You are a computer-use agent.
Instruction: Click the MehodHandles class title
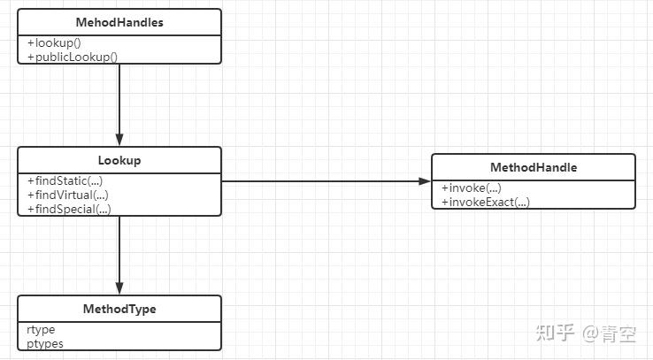(119, 22)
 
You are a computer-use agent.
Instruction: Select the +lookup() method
(54, 42)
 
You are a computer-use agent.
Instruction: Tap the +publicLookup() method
(73, 57)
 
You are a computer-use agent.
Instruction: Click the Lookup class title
(119, 160)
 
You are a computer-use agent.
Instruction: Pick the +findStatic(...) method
(65, 180)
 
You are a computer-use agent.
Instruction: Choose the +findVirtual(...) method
(68, 195)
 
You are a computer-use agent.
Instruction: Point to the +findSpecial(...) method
(69, 209)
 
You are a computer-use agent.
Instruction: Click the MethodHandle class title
(534, 167)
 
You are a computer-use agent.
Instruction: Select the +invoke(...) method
(472, 188)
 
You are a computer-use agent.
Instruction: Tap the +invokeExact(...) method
(486, 202)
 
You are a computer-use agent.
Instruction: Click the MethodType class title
(119, 309)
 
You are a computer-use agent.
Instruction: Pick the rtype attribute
(41, 330)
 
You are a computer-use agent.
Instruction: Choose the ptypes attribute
(45, 344)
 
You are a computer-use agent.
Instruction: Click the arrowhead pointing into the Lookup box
(119, 140)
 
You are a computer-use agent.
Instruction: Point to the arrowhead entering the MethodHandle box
(425, 181)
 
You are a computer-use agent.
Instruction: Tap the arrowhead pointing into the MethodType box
(119, 288)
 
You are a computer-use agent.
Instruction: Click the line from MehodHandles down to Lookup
(119, 105)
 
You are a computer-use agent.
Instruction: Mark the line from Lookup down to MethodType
(119, 255)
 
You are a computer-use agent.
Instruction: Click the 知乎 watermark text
(555, 333)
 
